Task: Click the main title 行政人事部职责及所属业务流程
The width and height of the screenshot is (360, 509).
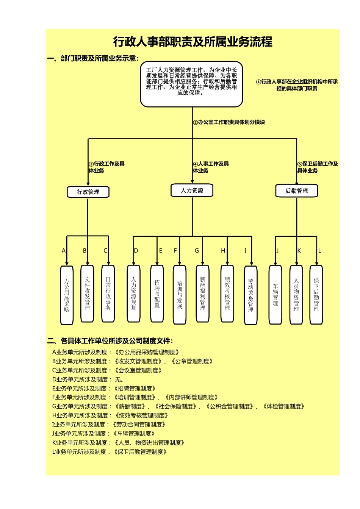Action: pos(193,42)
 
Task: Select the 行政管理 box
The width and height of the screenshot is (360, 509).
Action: pos(88,192)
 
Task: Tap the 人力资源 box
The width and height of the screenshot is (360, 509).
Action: pos(192,190)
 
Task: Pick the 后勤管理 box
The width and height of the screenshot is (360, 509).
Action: pos(296,191)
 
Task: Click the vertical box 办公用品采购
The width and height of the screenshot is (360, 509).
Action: pos(67,295)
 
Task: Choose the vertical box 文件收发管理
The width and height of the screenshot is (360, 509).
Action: pos(88,294)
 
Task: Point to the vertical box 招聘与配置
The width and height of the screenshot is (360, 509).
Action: pos(157,294)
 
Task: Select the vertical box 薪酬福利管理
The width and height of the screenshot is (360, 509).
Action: pos(203,294)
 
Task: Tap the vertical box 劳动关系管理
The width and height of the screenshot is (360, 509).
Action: pos(250,295)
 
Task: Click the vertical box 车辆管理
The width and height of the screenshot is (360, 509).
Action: pos(275,295)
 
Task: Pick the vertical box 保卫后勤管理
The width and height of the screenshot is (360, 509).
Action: pos(316,295)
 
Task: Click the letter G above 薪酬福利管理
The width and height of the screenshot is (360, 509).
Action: pos(197,251)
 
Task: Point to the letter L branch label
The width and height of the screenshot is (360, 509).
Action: pos(319,251)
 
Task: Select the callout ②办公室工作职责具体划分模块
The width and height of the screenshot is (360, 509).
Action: pos(229,122)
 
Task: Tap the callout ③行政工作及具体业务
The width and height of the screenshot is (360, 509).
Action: pos(106,167)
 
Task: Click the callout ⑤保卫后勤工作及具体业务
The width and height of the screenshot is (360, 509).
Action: pos(317,167)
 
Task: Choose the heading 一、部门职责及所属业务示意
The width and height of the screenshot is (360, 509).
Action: pos(93,58)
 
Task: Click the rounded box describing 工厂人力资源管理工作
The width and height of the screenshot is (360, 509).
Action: pos(191,84)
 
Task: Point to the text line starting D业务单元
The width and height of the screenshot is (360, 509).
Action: pos(88,379)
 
